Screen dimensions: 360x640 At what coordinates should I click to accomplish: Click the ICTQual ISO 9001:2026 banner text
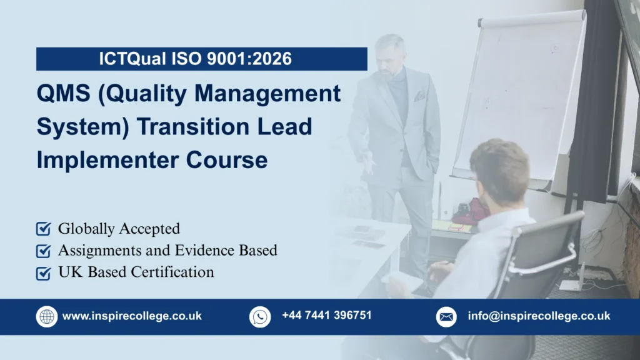coord(195,59)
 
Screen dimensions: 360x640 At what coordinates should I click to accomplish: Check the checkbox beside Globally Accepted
coord(43,229)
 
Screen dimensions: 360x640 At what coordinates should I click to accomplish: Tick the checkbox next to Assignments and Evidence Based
coord(43,251)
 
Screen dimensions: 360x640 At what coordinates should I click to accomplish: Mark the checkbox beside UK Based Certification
coord(43,273)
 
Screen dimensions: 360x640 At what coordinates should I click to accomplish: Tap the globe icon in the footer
coord(47,316)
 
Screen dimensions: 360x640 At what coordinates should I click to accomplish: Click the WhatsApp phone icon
coord(260,316)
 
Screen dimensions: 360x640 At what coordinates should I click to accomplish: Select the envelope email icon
coord(446,316)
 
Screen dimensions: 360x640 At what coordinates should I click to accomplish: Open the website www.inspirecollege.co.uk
coord(132,316)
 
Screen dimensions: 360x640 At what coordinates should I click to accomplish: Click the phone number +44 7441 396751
coord(326,315)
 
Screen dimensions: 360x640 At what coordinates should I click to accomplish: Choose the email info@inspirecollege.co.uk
coord(539,316)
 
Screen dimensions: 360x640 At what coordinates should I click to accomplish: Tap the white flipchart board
coord(518,94)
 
